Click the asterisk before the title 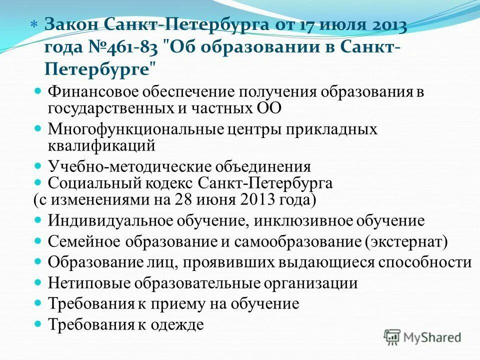point(33,25)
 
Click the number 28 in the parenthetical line point(183,199)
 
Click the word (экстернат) point(406,241)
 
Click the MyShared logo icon point(392,337)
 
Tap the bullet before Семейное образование point(38,241)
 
